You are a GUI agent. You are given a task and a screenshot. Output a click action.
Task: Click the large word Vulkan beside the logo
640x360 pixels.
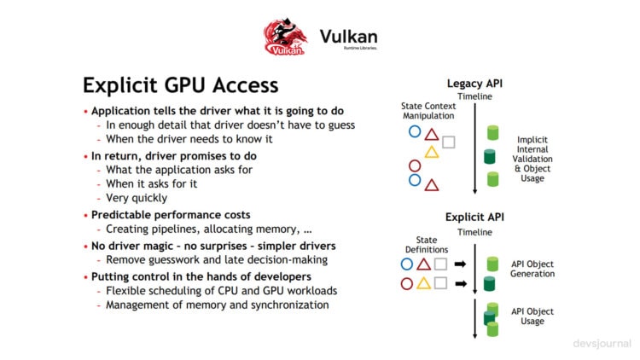pyautogui.click(x=348, y=37)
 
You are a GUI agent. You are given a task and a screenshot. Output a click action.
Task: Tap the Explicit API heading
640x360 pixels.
pyautogui.click(x=475, y=217)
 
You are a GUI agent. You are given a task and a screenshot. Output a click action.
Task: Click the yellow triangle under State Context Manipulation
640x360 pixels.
pyautogui.click(x=431, y=152)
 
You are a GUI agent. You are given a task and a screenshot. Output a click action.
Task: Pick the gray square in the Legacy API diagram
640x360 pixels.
pyautogui.click(x=449, y=142)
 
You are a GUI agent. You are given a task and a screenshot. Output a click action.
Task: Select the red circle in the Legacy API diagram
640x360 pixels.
pyautogui.click(x=415, y=166)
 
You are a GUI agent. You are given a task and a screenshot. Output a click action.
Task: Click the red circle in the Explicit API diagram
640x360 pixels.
pyautogui.click(x=406, y=283)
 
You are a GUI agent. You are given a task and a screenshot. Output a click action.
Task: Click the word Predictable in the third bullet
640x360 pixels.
pyautogui.click(x=127, y=215)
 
